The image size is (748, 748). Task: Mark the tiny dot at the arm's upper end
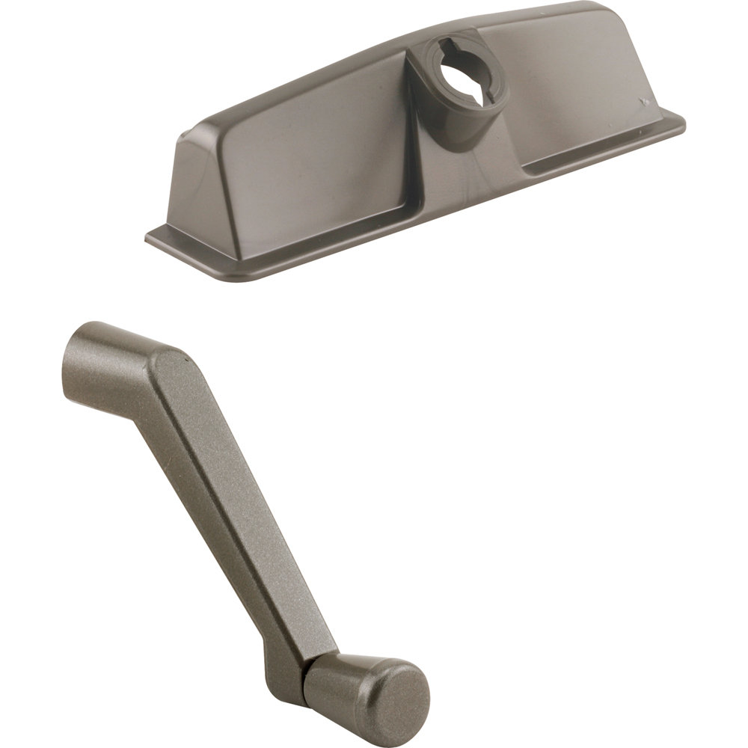pyautogui.click(x=183, y=359)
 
